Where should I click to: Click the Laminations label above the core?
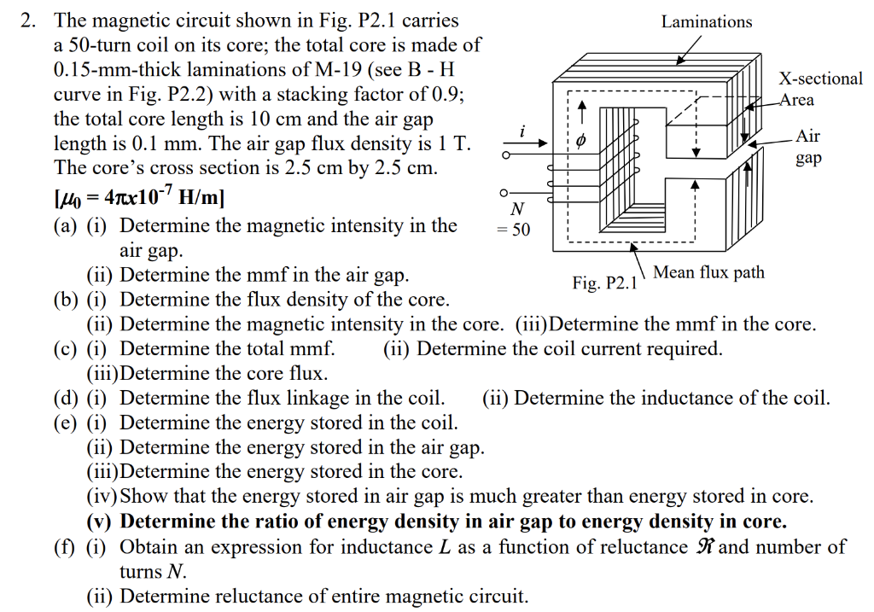tap(707, 22)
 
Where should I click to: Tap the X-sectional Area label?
tap(820, 89)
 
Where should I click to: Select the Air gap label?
tap(808, 148)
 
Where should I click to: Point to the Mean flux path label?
tap(708, 272)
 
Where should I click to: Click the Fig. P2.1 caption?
tap(604, 283)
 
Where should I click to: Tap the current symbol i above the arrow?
tap(522, 130)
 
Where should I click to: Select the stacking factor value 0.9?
tap(446, 94)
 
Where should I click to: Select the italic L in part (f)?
tap(445, 547)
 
